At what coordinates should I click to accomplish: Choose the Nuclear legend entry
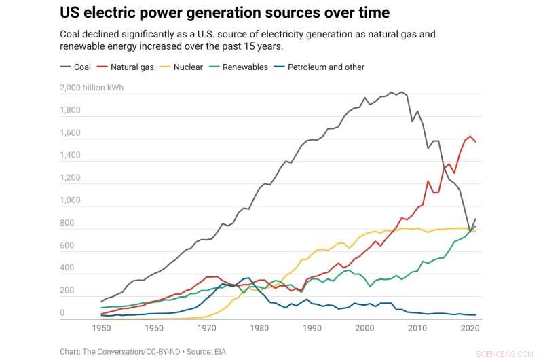[188, 67]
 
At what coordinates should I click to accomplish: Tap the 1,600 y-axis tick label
[70, 134]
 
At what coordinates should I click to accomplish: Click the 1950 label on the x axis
[101, 328]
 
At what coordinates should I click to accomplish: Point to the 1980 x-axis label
[259, 328]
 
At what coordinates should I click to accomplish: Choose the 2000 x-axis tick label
[364, 328]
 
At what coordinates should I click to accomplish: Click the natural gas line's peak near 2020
[470, 136]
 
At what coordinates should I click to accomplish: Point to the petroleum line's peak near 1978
[248, 278]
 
